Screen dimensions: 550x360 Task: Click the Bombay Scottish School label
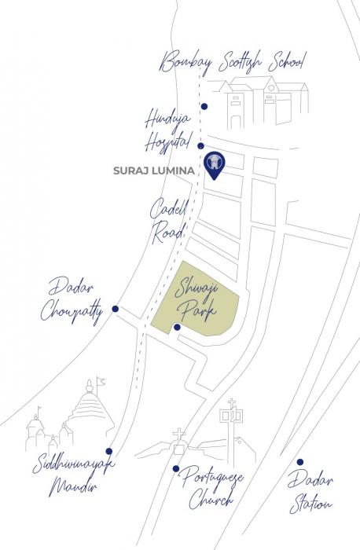(x=233, y=62)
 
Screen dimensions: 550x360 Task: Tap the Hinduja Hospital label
(x=167, y=130)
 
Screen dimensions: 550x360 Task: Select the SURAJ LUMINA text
(x=158, y=169)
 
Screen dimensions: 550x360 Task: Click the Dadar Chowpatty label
(x=72, y=299)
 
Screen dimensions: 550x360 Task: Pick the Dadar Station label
(x=310, y=492)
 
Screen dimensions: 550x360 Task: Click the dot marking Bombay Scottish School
(x=204, y=106)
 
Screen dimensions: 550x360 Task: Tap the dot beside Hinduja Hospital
(x=201, y=146)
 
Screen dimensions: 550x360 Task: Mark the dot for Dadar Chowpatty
(x=115, y=310)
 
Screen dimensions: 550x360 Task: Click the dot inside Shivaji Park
(x=178, y=327)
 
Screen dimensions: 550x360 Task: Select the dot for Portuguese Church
(x=176, y=469)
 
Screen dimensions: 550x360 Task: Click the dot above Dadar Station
(x=299, y=462)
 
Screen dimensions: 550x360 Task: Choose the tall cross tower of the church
(x=232, y=428)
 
